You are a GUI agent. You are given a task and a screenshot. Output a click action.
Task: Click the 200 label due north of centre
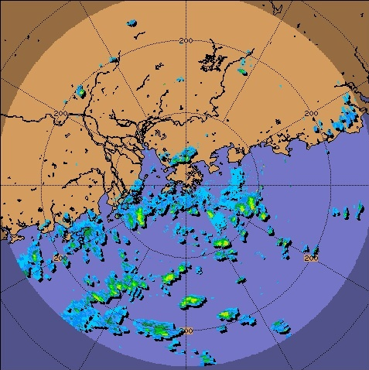point(186,40)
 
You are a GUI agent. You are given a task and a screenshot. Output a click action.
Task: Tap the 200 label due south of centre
point(186,331)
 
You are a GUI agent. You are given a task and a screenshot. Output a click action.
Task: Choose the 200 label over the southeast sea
point(312,258)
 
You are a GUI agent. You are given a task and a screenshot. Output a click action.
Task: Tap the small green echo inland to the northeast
point(242,71)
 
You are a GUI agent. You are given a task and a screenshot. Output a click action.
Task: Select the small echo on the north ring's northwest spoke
point(114,58)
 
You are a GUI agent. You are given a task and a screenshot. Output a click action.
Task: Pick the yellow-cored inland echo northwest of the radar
point(80,91)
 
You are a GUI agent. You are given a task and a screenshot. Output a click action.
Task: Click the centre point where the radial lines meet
point(186,186)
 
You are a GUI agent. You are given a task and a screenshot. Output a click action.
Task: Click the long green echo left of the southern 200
point(155,329)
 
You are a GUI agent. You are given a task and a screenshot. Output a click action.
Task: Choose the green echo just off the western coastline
point(87,230)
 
